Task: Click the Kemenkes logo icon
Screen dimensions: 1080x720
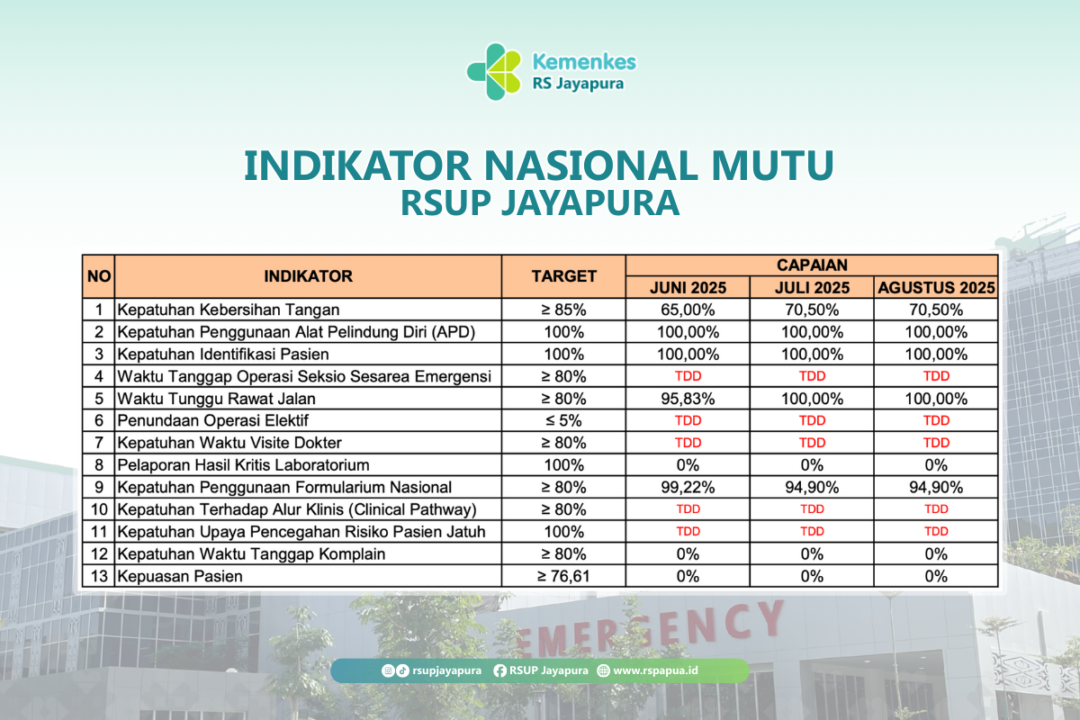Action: [494, 72]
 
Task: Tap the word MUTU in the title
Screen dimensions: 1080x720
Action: [773, 166]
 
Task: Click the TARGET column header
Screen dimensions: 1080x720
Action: [563, 276]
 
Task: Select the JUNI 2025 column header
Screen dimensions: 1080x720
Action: [688, 287]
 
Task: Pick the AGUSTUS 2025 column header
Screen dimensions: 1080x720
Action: [936, 287]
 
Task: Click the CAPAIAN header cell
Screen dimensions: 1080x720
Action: [812, 265]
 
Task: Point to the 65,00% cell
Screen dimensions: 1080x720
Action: [688, 310]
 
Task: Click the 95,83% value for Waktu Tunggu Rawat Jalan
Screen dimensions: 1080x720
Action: [688, 399]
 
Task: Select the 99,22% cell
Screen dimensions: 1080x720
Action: [688, 488]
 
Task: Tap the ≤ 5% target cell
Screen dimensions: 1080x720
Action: [563, 421]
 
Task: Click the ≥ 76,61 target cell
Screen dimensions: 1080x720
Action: [563, 576]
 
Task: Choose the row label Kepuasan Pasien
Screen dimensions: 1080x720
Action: [180, 576]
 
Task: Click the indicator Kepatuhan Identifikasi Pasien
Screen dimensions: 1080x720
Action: [223, 355]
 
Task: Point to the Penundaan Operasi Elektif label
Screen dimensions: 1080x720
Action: [212, 421]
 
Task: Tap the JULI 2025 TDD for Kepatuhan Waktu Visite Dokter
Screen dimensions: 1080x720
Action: [812, 443]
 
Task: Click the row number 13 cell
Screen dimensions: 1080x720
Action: [99, 576]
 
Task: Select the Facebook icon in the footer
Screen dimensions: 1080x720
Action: [499, 670]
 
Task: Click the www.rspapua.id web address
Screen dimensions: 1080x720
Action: [655, 670]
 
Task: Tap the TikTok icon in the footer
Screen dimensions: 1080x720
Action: [402, 670]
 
